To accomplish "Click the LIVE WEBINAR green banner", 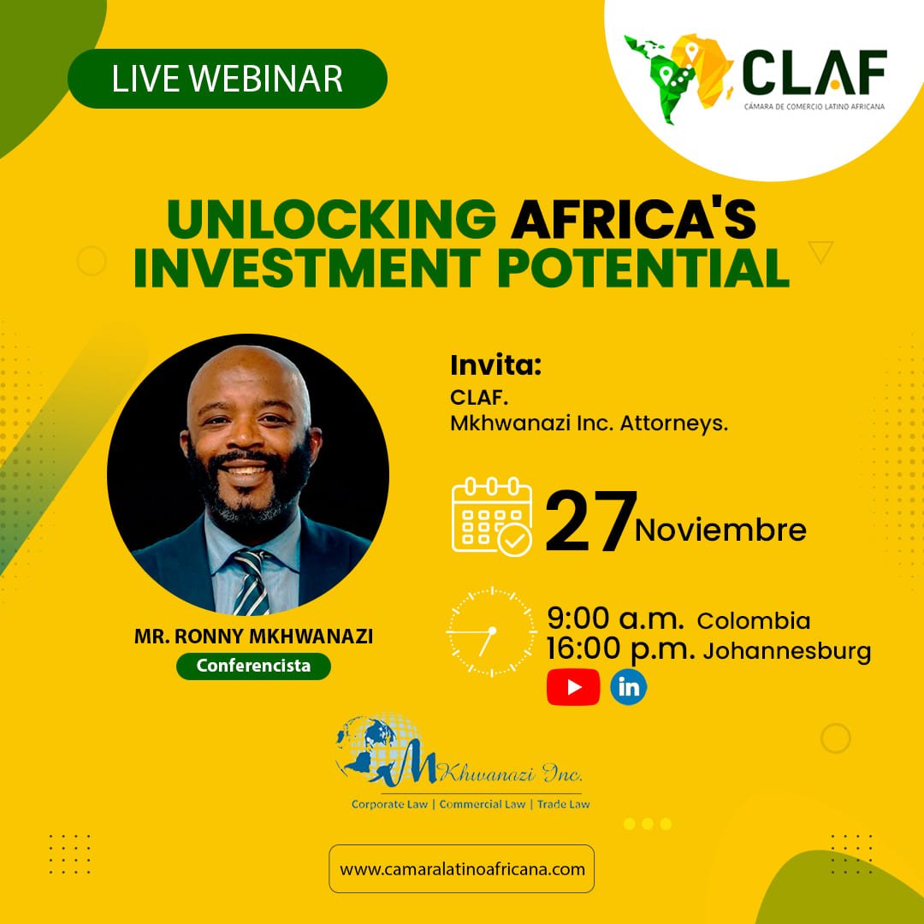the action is (228, 79).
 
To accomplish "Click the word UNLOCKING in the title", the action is (332, 219).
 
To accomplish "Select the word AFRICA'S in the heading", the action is (633, 219).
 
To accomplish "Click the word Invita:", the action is (495, 365).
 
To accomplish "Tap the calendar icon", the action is (492, 517).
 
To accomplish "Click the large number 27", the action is (590, 522).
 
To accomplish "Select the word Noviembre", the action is (720, 530).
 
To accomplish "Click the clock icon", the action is (491, 631).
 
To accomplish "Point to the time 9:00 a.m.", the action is (615, 619).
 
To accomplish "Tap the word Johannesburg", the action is (787, 651).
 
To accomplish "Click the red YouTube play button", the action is (573, 687).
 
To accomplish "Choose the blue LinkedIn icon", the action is (628, 687).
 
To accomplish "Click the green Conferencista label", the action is (253, 666).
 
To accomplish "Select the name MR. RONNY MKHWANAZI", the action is (253, 637).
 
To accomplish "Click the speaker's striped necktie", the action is (252, 583).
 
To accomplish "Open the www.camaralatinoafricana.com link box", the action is (461, 869).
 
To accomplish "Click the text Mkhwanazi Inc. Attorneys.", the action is (589, 423).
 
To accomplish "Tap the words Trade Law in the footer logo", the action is (563, 803).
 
